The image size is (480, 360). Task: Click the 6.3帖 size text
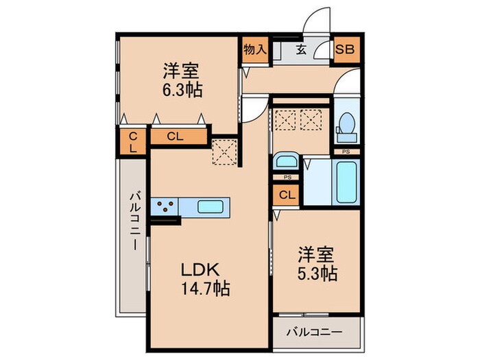coord(182,91)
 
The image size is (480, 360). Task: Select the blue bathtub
coord(346,181)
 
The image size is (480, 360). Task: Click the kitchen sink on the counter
coord(211,206)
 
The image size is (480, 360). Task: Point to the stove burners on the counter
coord(165,206)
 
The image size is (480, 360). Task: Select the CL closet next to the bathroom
coord(287,195)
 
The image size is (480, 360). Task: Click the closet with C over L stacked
coord(132,142)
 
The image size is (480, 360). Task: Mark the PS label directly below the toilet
coord(346,152)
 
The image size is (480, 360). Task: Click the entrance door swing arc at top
coord(317,21)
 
